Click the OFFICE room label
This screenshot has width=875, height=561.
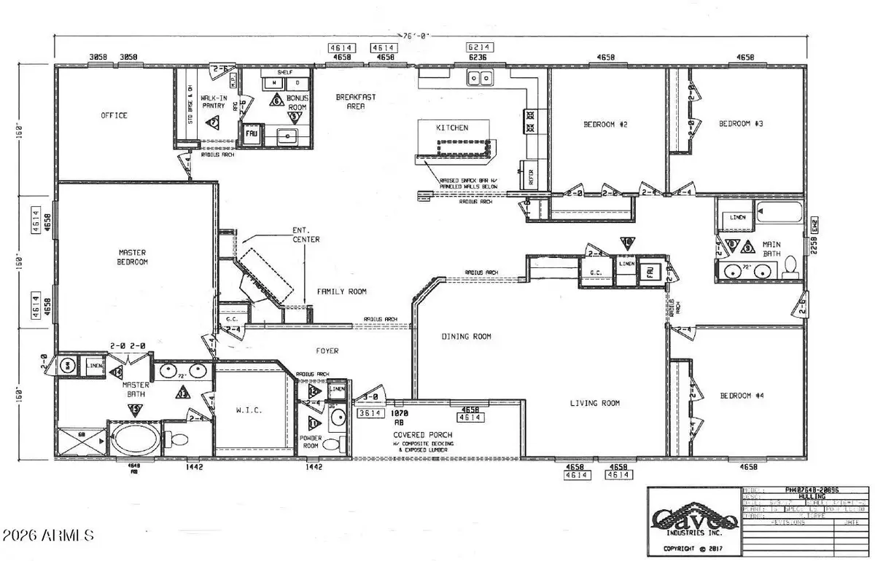pyautogui.click(x=114, y=115)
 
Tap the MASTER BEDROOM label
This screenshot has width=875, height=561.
pyautogui.click(x=133, y=257)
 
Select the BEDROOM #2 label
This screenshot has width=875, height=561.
pyautogui.click(x=605, y=125)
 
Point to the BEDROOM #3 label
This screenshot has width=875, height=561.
pyautogui.click(x=740, y=124)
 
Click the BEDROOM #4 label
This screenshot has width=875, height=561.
pyautogui.click(x=741, y=396)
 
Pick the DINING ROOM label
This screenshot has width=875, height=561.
pyautogui.click(x=466, y=337)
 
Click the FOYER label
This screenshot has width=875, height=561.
pyautogui.click(x=327, y=351)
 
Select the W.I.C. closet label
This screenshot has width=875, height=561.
pyautogui.click(x=249, y=411)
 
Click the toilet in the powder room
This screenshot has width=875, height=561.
pyautogui.click(x=331, y=444)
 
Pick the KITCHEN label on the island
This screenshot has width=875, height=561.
pyautogui.click(x=452, y=127)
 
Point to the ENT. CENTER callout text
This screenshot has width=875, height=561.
pyautogui.click(x=306, y=235)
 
